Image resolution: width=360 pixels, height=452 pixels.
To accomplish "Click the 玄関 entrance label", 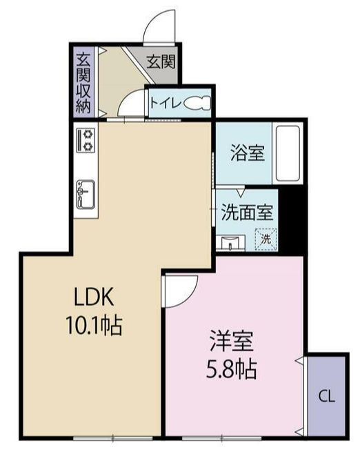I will pos(161,61).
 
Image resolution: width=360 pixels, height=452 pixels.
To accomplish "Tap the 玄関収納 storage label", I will pos(83,82).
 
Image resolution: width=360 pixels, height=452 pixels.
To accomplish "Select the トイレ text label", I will pos(166,103).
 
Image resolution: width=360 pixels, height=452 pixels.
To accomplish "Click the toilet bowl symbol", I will pos(197,103).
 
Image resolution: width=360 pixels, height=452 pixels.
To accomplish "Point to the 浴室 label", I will pos(248,153).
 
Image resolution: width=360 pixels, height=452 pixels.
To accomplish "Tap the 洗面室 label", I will pos(247,213).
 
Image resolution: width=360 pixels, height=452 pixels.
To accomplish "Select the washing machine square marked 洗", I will pos(266,239).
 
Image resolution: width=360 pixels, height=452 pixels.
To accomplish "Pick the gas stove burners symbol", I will pos(86,141).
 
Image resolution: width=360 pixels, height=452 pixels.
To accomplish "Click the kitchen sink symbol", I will pos(86,192).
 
